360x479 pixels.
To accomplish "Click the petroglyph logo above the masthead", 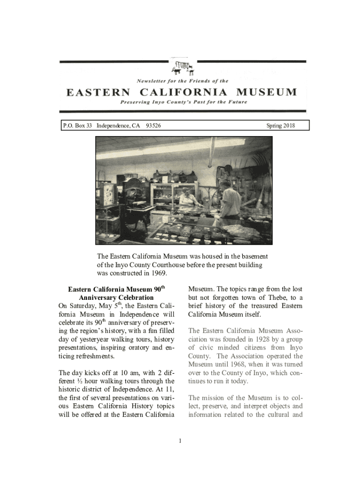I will [182, 67].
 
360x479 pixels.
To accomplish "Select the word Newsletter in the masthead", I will [153, 81].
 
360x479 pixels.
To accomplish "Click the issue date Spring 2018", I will [281, 125].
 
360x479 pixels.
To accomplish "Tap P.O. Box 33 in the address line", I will [78, 125].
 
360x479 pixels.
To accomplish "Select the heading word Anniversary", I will [100, 298].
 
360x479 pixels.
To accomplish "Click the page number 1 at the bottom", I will [180, 441].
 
